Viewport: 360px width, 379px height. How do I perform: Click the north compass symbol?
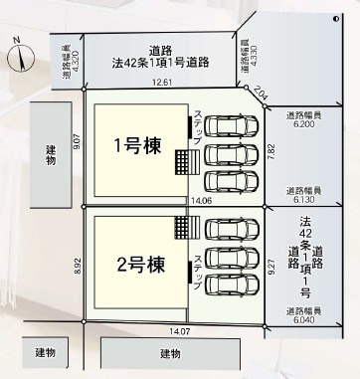[x=20, y=55]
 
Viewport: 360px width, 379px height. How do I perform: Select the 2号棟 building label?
[x=140, y=266]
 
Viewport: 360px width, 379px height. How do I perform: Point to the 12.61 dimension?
[x=163, y=83]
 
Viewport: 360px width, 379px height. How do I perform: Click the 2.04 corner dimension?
[x=261, y=95]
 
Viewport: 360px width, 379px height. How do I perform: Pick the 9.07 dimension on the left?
[x=77, y=143]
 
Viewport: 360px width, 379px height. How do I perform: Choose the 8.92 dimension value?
[x=77, y=265]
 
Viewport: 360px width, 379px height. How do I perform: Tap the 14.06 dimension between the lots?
[x=202, y=200]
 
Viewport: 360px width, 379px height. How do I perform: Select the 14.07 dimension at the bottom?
[x=180, y=330]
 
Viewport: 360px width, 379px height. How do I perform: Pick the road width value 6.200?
[x=303, y=124]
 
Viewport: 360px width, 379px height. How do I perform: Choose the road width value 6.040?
[x=303, y=321]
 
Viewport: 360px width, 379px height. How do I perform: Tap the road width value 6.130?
[x=303, y=198]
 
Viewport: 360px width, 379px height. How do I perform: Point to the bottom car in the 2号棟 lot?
[x=230, y=284]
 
